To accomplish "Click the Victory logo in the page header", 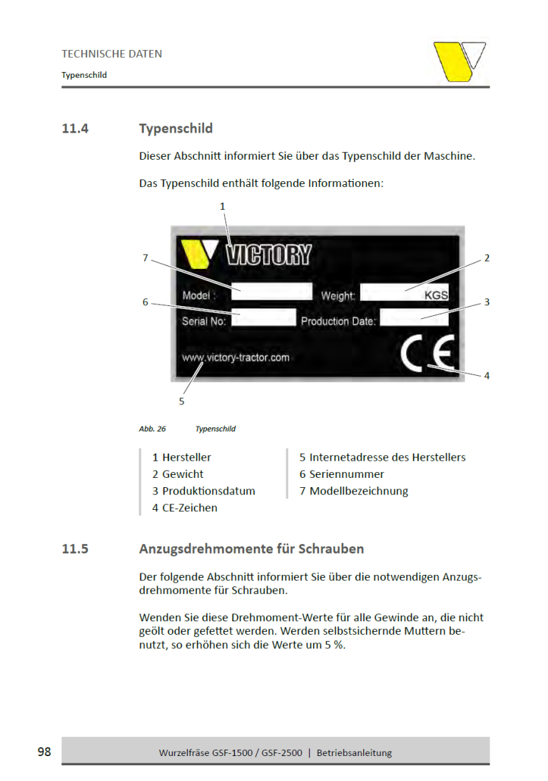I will [x=460, y=62].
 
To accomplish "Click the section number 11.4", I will [x=75, y=129].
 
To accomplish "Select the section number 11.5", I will [x=75, y=549].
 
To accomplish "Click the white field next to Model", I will [x=272, y=291].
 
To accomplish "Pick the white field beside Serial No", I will [x=264, y=318].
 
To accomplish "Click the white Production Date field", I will [x=414, y=318].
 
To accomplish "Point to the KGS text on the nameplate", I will [x=437, y=295].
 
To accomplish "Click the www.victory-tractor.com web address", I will [x=235, y=357].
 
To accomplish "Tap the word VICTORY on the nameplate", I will [x=268, y=255].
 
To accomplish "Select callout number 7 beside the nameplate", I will [x=145, y=258].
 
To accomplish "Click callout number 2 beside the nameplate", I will [x=487, y=258].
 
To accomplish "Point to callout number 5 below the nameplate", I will [x=181, y=402].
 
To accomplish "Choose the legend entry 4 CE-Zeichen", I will [x=185, y=508].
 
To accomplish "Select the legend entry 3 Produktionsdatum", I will [x=203, y=491].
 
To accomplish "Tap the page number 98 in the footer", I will [x=44, y=752].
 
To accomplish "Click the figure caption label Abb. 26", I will [x=152, y=429].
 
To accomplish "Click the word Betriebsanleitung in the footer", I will [x=354, y=752].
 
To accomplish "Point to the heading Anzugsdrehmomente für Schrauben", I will [x=251, y=549].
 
